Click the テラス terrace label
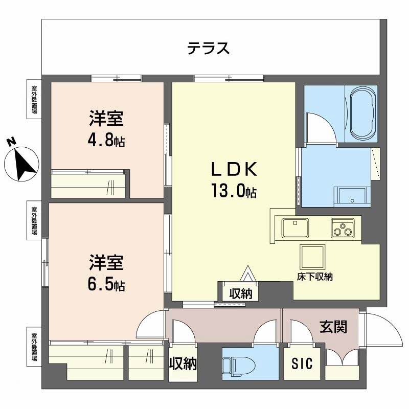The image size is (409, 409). coord(208,49)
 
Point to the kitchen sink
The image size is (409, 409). coord(294,228)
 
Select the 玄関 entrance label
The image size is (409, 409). coord(333,327)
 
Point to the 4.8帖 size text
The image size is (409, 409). coord(106,141)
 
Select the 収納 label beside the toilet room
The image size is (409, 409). coord(183,363)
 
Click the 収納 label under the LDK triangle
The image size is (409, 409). coord(240,294)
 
